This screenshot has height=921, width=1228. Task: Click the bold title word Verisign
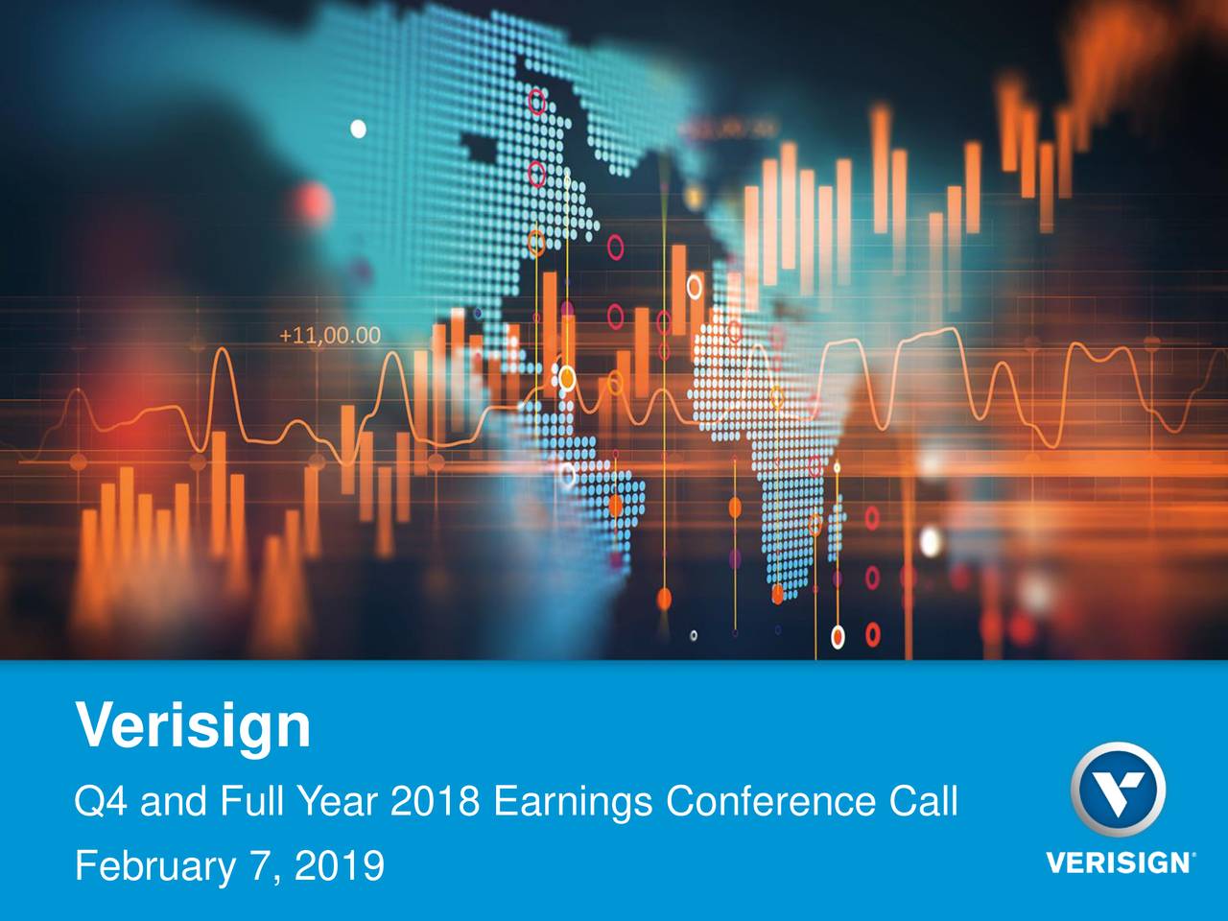pos(193,726)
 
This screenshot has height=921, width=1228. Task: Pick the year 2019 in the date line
pos(339,867)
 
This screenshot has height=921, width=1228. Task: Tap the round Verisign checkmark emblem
pos(1118,791)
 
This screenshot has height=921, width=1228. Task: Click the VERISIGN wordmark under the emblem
pos(1116,862)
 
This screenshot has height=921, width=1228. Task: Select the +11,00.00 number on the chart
pos(329,336)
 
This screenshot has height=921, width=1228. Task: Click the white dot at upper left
pos(359,128)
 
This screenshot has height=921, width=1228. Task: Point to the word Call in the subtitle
pos(925,800)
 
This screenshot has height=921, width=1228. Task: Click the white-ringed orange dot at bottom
pos(838,634)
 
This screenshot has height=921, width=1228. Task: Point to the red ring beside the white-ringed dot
pos(872,633)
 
